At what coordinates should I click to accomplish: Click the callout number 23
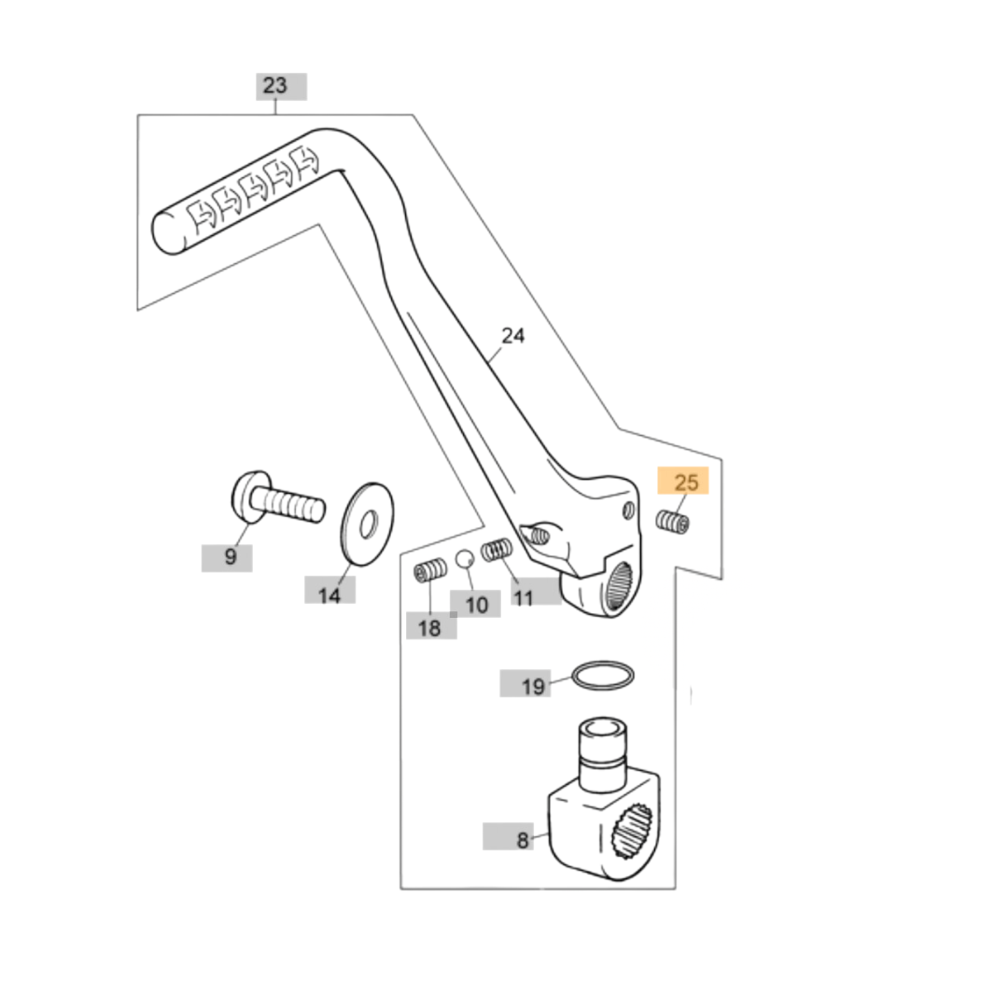pyautogui.click(x=275, y=86)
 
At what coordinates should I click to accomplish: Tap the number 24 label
pyautogui.click(x=513, y=336)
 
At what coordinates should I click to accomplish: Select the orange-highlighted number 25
pyautogui.click(x=686, y=483)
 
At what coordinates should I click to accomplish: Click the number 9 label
pyautogui.click(x=231, y=558)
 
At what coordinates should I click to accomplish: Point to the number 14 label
pyautogui.click(x=329, y=595)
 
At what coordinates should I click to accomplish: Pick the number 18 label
pyautogui.click(x=429, y=628)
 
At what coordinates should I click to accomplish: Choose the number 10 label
pyautogui.click(x=476, y=605)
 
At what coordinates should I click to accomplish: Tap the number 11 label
pyautogui.click(x=524, y=597)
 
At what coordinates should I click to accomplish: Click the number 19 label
pyautogui.click(x=533, y=687)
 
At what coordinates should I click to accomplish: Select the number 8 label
pyautogui.click(x=522, y=840)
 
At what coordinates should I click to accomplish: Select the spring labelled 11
pyautogui.click(x=497, y=553)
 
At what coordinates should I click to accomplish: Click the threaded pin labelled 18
pyautogui.click(x=430, y=568)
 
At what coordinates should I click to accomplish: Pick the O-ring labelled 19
pyautogui.click(x=604, y=677)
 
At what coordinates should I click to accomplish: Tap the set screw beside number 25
pyautogui.click(x=673, y=523)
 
